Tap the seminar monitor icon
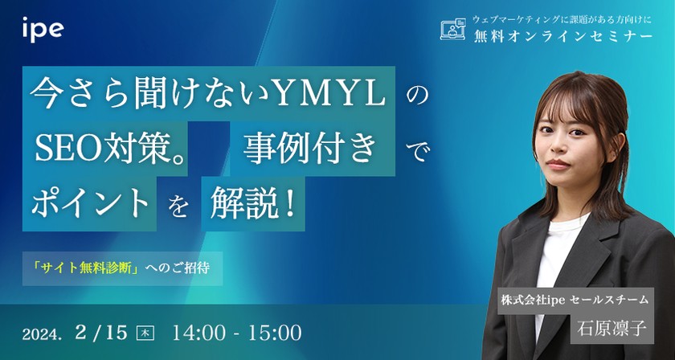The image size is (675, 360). [x=454, y=31]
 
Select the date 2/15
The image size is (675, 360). [x=103, y=330]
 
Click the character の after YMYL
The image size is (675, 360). [x=415, y=95]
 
